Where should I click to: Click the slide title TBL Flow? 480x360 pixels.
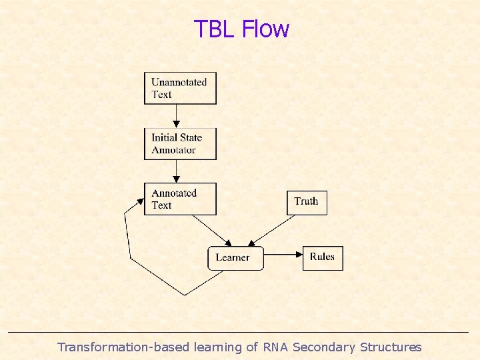[241, 29]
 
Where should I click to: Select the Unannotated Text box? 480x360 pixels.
[180, 88]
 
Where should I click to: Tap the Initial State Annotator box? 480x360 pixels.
[180, 143]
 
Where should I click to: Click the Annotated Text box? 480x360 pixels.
[180, 199]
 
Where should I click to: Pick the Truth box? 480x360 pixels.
[307, 201]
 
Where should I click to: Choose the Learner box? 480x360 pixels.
[235, 257]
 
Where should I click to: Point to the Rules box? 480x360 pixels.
[323, 257]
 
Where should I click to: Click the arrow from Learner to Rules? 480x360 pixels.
[283, 254]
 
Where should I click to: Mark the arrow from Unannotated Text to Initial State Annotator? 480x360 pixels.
[176, 115]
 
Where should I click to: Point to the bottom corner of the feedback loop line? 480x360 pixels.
[185, 295]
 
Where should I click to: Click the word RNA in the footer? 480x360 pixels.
[276, 347]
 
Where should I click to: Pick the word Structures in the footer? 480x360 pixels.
[391, 347]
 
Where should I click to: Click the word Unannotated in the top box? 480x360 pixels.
[179, 83]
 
